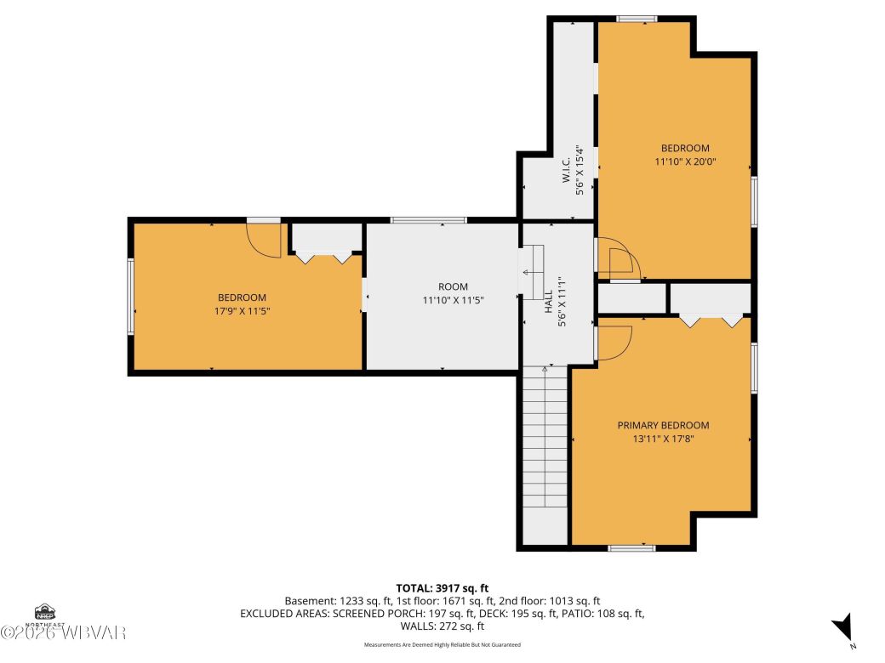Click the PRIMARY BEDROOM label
click(x=663, y=425)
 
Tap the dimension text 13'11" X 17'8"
click(x=663, y=439)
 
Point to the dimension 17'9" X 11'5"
click(x=242, y=311)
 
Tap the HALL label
click(x=548, y=299)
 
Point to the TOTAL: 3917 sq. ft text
click(x=442, y=587)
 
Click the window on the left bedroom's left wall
click(x=130, y=296)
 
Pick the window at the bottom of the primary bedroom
click(x=631, y=548)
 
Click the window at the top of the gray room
click(x=428, y=220)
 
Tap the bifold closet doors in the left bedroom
click(x=321, y=256)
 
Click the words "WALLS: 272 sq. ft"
click(x=442, y=626)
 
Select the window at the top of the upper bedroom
click(x=637, y=19)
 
